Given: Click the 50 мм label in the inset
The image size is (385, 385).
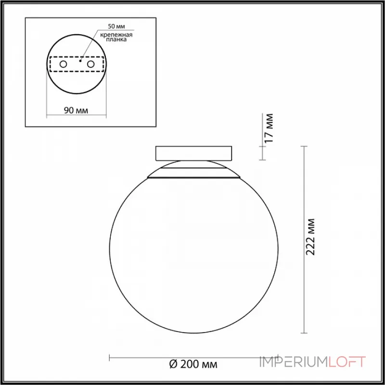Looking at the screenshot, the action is (116, 26).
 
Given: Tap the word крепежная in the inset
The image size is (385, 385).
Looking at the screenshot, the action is (116, 35).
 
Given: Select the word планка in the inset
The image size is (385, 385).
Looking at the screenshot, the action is (116, 39).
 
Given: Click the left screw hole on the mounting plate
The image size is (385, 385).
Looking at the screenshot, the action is (63, 64).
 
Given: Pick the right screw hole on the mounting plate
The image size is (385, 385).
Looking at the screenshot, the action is (90, 64).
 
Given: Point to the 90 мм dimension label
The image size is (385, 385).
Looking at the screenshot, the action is (76, 111).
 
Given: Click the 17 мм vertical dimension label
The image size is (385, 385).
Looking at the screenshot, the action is (269, 128).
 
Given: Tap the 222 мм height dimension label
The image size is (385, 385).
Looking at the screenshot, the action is (310, 237).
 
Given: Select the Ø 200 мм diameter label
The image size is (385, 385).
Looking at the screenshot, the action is (193, 364).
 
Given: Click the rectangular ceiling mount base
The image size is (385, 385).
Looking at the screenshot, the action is (193, 154).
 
